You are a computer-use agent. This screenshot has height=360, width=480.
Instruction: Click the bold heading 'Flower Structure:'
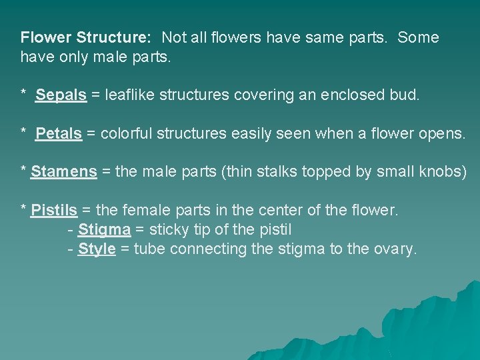(x=86, y=37)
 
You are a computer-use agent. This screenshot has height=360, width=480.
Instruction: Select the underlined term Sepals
(x=61, y=95)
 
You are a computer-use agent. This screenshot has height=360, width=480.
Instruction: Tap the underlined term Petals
(x=59, y=134)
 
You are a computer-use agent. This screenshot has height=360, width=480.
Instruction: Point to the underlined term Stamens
(x=63, y=172)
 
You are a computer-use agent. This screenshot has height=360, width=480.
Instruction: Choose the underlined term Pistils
(x=54, y=211)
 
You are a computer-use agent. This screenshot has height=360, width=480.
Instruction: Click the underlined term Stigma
(x=104, y=230)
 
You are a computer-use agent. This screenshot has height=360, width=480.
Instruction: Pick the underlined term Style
(x=97, y=249)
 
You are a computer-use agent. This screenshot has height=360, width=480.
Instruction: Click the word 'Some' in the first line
(x=418, y=37)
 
